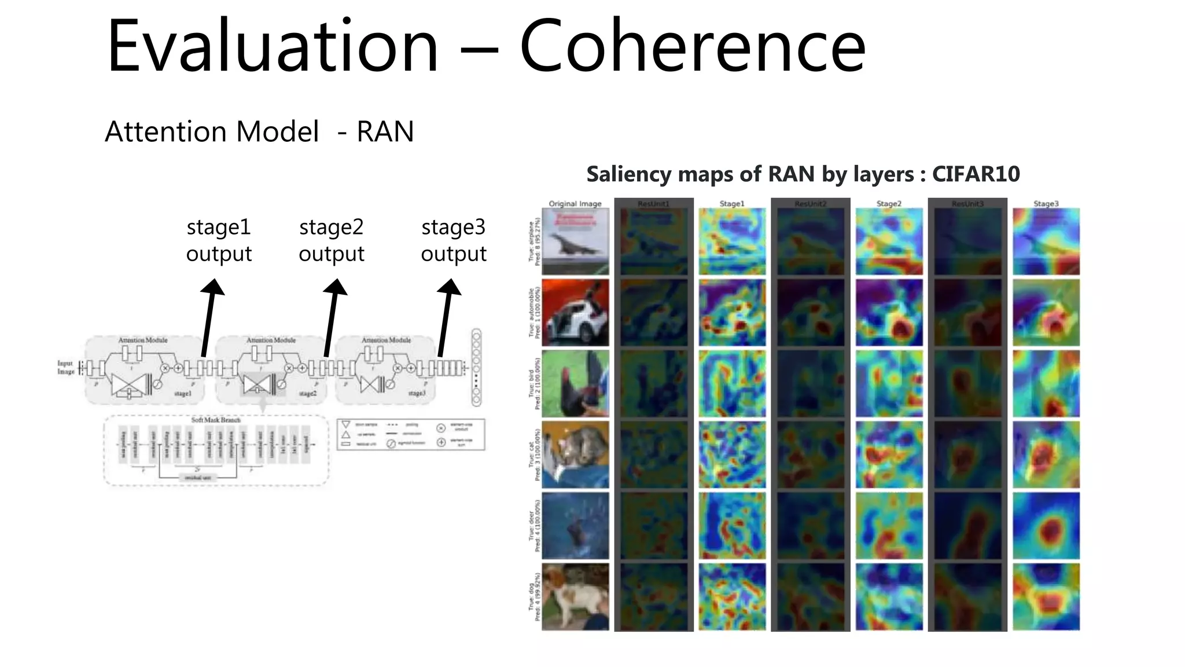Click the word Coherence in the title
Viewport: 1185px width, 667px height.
coord(692,46)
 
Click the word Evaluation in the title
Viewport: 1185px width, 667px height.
coord(273,46)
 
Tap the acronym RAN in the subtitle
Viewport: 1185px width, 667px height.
coord(385,131)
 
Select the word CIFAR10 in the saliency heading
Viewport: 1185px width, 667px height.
coord(976,174)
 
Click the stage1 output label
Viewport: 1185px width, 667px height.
coord(219,240)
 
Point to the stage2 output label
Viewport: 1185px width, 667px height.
coord(332,240)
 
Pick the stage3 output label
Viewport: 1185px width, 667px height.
coord(454,240)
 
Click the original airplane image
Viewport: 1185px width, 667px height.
coord(575,241)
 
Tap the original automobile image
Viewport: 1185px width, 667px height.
coord(575,313)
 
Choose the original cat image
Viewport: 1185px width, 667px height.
coord(575,455)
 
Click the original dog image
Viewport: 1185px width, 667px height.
coord(575,596)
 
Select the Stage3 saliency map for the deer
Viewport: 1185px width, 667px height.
coord(1046,526)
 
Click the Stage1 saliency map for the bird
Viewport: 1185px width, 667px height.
coord(732,383)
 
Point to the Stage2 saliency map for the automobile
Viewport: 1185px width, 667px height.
coord(889,313)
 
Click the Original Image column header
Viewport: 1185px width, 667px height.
coord(575,204)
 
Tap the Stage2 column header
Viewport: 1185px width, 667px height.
coord(889,204)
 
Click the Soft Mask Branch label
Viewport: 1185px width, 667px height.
coord(216,420)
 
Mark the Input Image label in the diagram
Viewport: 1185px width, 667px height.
coord(65,368)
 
